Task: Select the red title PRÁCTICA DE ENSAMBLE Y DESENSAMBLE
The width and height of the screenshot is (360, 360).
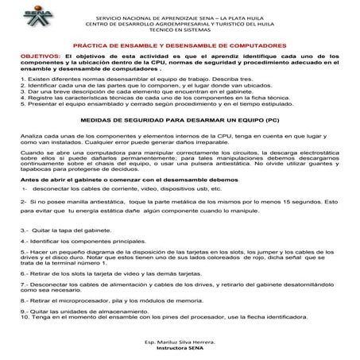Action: point(180,46)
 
